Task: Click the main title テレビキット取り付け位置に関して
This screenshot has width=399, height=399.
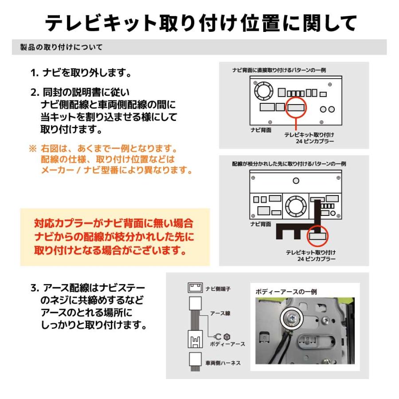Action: pyautogui.click(x=200, y=23)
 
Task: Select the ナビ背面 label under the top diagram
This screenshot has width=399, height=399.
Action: pyautogui.click(x=261, y=131)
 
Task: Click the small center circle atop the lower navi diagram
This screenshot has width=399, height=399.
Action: pyautogui.click(x=296, y=180)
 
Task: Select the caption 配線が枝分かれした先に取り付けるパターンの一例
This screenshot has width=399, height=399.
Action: pyautogui.click(x=289, y=164)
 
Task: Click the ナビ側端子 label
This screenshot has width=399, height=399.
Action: pyautogui.click(x=218, y=289)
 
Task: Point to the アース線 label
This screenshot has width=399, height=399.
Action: pyautogui.click(x=220, y=313)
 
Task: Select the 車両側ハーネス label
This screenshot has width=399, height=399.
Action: pyautogui.click(x=223, y=363)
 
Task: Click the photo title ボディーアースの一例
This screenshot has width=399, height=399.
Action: pyautogui.click(x=286, y=292)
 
